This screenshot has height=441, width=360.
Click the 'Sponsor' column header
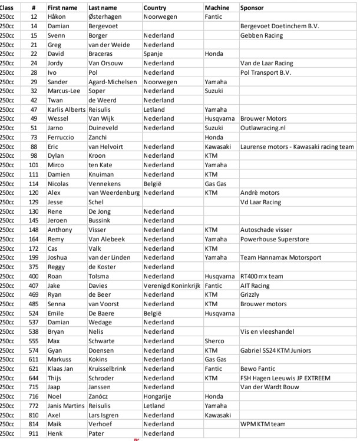tap(252, 8)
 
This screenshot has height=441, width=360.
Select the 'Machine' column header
tap(217, 8)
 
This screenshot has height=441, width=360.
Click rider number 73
tap(34, 137)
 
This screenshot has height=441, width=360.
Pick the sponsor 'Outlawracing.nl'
tap(263, 128)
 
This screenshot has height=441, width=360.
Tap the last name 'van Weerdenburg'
tap(114, 193)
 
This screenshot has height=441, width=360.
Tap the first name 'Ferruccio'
tap(62, 137)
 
